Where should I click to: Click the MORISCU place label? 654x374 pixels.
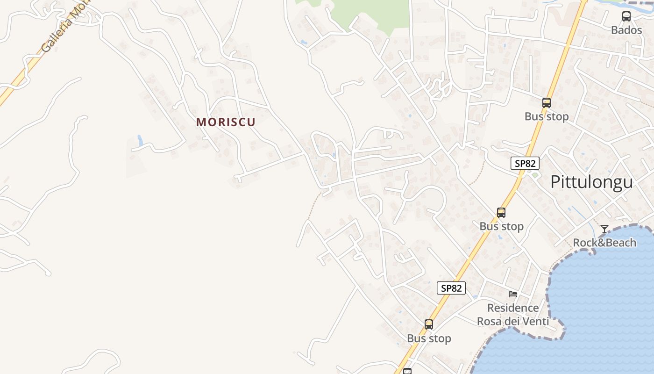(x=226, y=122)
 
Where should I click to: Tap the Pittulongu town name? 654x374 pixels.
(x=591, y=182)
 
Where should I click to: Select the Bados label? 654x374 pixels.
(x=626, y=30)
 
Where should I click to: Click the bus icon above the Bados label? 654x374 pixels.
(x=626, y=16)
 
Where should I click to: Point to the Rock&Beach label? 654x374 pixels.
(x=604, y=243)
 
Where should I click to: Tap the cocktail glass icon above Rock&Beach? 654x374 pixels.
(x=604, y=229)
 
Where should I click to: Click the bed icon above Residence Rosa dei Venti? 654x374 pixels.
(x=513, y=294)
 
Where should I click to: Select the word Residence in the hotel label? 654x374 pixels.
(x=513, y=308)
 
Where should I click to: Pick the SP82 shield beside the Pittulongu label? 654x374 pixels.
(x=525, y=163)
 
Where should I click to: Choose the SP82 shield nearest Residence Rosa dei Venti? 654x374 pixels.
(x=451, y=288)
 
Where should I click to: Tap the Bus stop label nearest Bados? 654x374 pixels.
(x=547, y=116)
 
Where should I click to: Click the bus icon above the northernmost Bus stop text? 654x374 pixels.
(x=547, y=103)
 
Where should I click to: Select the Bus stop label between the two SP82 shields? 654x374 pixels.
(x=501, y=226)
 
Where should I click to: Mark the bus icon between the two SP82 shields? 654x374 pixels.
(x=501, y=213)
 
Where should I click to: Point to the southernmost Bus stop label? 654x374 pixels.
(x=429, y=338)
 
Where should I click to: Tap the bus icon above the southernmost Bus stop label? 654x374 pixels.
(x=429, y=324)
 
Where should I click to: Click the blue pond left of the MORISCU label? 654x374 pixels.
(x=140, y=140)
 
